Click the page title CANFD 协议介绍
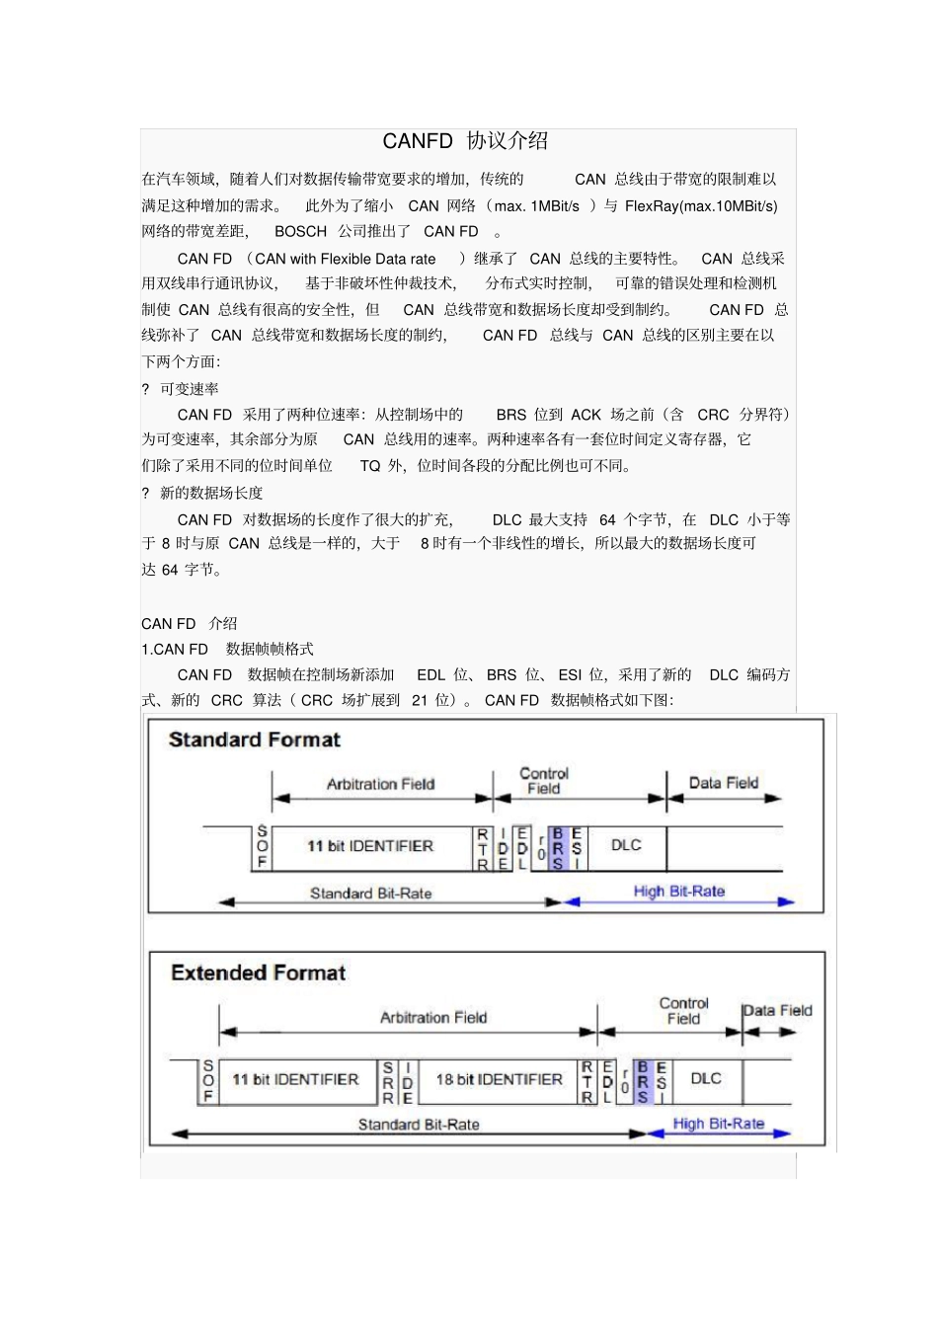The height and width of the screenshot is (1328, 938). pos(465,141)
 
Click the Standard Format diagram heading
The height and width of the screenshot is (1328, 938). pos(254,740)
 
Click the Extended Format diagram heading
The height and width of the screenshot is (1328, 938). pos(258,973)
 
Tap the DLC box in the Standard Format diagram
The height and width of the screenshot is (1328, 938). pos(626,846)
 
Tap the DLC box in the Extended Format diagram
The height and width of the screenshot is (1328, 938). pos(705,1079)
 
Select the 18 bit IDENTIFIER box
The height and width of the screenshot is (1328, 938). pos(499,1080)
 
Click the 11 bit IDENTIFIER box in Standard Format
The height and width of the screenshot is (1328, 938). pos(369,846)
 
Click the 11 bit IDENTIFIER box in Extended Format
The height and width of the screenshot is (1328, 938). pos(295,1080)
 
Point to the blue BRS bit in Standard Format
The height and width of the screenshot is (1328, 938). pos(558,848)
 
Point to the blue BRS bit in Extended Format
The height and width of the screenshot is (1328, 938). pos(643,1082)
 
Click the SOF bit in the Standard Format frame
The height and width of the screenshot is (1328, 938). pos(262,847)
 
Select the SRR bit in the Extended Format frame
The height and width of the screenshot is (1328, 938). pos(388,1082)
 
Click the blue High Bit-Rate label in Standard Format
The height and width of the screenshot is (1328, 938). pos(678,892)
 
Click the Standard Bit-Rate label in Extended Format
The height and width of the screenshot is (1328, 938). pos(418,1125)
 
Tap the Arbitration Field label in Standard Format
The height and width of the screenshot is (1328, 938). pos(380,784)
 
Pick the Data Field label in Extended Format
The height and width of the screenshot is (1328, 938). pos(777,1011)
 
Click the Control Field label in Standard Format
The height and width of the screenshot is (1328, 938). pos(543,781)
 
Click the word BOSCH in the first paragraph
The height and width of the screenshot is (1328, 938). pos(300,232)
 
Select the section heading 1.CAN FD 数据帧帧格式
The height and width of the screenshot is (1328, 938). pos(227,650)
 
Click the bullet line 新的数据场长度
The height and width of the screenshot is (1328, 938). pos(210,493)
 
